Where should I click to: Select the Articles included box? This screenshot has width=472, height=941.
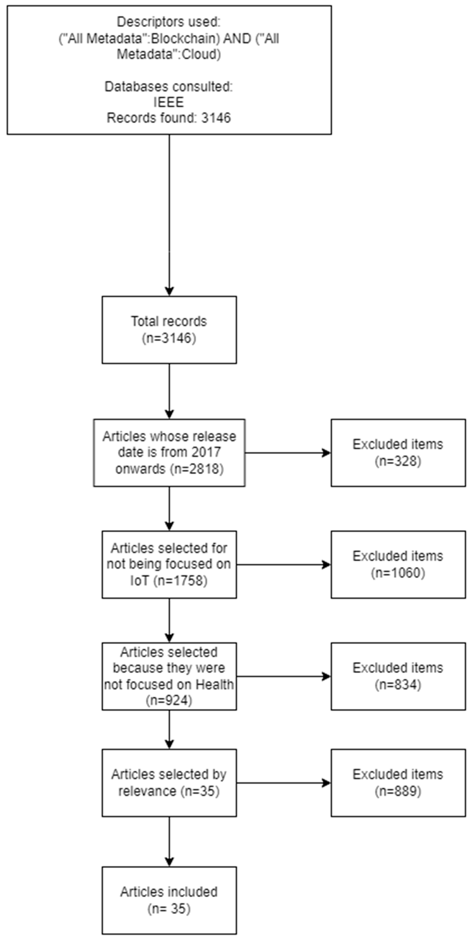tap(169, 900)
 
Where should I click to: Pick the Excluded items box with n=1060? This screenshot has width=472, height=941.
tap(398, 564)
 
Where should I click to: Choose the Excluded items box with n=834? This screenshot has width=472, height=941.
tap(398, 676)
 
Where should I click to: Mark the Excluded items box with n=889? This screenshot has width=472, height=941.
tap(398, 783)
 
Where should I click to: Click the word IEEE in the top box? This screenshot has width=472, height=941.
tap(169, 102)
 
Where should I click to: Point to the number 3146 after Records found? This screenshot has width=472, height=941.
tap(216, 118)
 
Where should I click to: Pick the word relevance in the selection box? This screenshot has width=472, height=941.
tap(148, 791)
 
